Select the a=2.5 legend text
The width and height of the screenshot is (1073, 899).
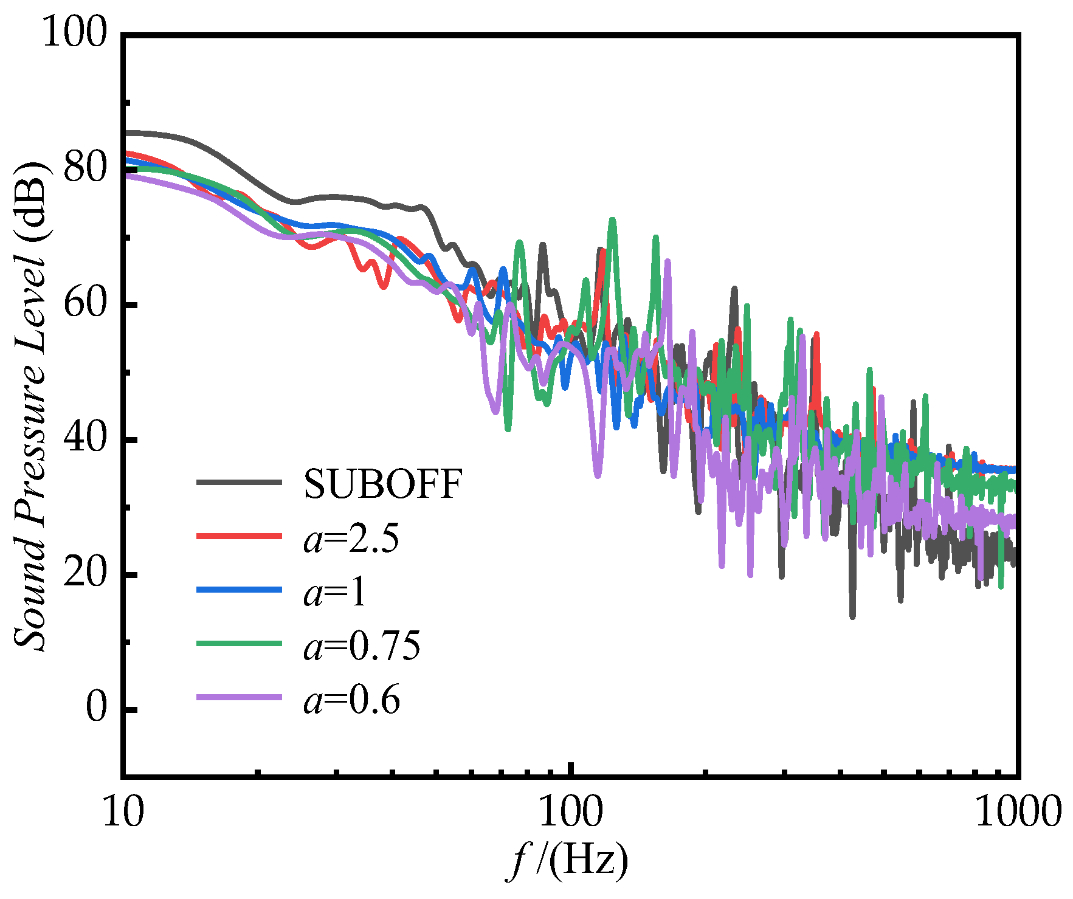[351, 539]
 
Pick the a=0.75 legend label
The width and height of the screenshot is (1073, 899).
[362, 646]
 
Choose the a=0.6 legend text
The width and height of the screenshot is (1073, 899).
[351, 700]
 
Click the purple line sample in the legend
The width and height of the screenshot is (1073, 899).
[239, 697]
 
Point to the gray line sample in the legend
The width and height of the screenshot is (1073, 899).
[239, 483]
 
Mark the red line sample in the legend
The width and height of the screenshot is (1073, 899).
[239, 536]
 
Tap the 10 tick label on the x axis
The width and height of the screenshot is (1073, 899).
[123, 811]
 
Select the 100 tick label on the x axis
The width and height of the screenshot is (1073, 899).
[571, 811]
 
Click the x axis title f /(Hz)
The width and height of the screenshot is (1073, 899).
[568, 859]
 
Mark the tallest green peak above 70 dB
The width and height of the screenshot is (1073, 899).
[612, 220]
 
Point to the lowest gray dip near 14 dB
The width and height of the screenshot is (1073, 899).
[852, 616]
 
